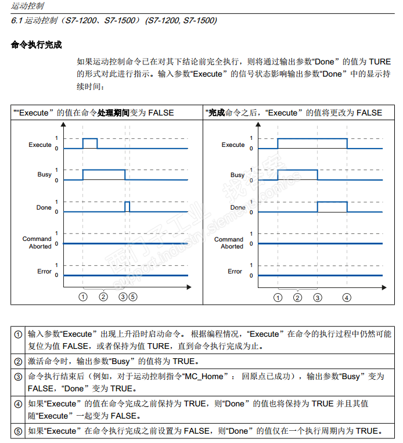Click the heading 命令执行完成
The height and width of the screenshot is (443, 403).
[36, 45]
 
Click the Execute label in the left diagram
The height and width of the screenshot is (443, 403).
[40, 145]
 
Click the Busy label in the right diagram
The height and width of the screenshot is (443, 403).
[238, 175]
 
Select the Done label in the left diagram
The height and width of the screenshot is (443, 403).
[44, 207]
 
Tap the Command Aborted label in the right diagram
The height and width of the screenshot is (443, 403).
[229, 243]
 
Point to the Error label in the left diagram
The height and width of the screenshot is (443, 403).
[44, 271]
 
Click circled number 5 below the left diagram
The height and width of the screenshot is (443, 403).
[133, 297]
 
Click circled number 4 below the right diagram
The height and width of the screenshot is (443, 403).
[347, 297]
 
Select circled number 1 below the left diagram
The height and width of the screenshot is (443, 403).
[83, 297]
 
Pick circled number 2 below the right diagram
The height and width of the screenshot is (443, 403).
[297, 297]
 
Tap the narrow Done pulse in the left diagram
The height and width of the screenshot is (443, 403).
[127, 207]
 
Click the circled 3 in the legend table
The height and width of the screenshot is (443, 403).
[19, 376]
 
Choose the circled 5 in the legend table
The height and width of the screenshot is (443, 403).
[19, 431]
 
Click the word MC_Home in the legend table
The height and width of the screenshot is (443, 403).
[204, 376]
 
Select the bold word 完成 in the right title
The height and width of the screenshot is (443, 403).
[217, 113]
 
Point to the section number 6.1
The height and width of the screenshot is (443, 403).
[17, 20]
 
